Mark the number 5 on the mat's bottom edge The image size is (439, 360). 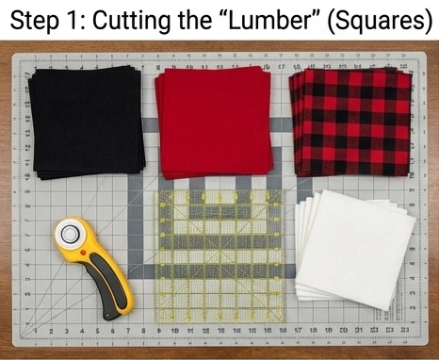coord(97,331)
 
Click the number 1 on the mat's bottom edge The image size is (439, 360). coord(36,331)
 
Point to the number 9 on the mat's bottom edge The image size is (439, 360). coord(158,331)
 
